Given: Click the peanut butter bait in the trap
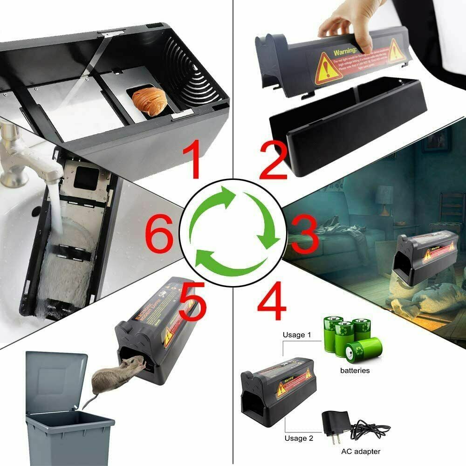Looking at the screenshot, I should click(x=146, y=99).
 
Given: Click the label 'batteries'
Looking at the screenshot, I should click(x=355, y=370).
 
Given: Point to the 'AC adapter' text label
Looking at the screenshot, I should click(x=360, y=451).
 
